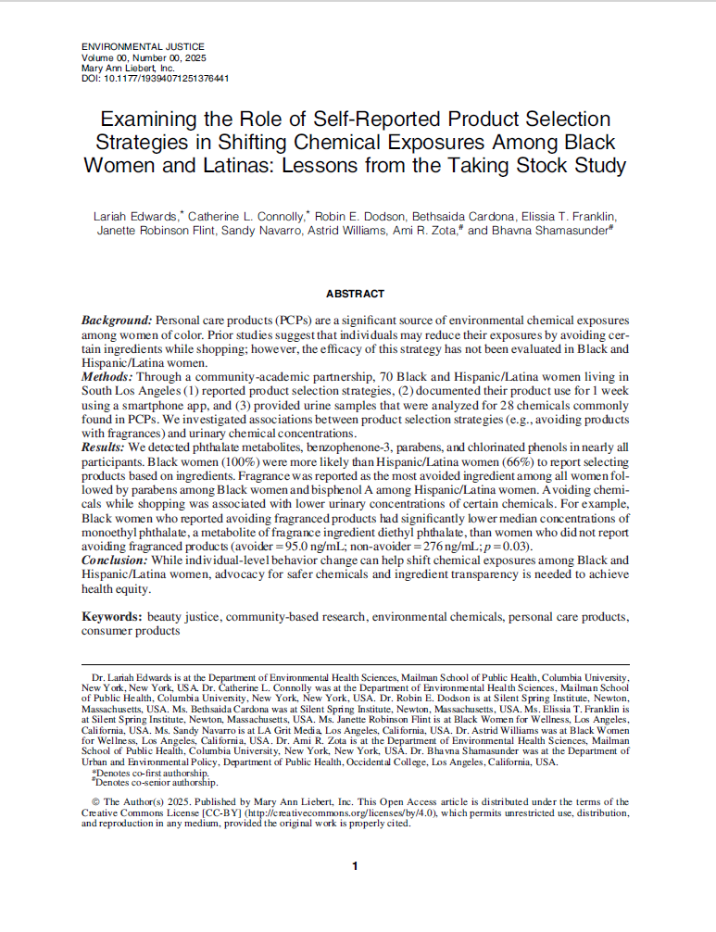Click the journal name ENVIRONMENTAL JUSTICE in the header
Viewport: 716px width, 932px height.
(x=143, y=46)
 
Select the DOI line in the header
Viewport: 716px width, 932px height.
(x=156, y=79)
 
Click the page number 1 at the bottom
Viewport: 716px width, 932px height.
(x=357, y=866)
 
